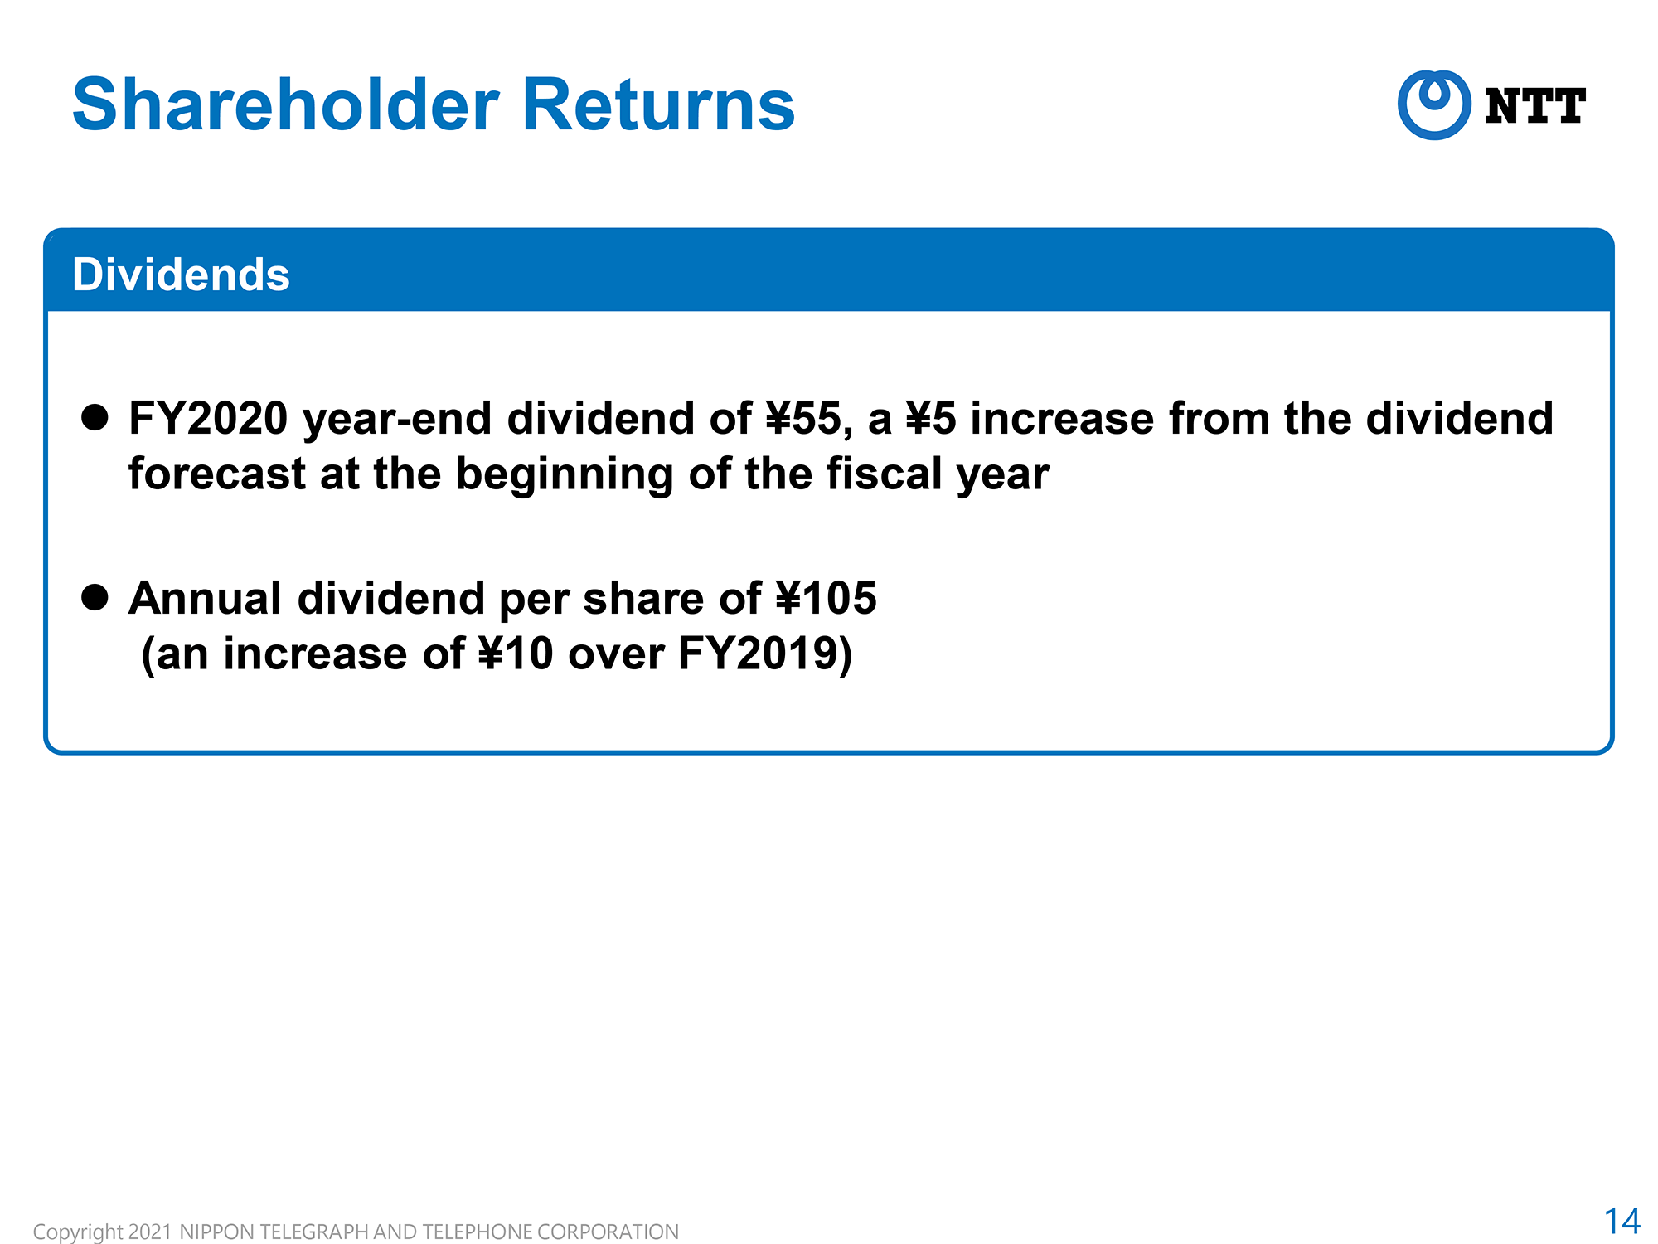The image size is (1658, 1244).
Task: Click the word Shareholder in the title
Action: [286, 104]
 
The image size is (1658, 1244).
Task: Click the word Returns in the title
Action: [659, 104]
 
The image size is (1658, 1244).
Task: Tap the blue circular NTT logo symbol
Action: [1434, 104]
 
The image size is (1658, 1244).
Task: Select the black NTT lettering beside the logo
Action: [1535, 106]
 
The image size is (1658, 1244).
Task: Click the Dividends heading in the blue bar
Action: [181, 275]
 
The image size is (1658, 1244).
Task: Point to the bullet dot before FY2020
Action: [95, 417]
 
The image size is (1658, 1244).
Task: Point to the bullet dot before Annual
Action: [95, 597]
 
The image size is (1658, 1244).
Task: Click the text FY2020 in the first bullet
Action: [208, 418]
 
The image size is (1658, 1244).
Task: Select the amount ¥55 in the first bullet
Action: [809, 418]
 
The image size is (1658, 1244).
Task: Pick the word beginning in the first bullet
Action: [565, 475]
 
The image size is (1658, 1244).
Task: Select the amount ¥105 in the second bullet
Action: [826, 598]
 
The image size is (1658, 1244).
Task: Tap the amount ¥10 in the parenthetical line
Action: [516, 654]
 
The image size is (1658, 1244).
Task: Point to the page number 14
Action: [1622, 1221]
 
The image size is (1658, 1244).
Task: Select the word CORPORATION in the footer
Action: [608, 1232]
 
